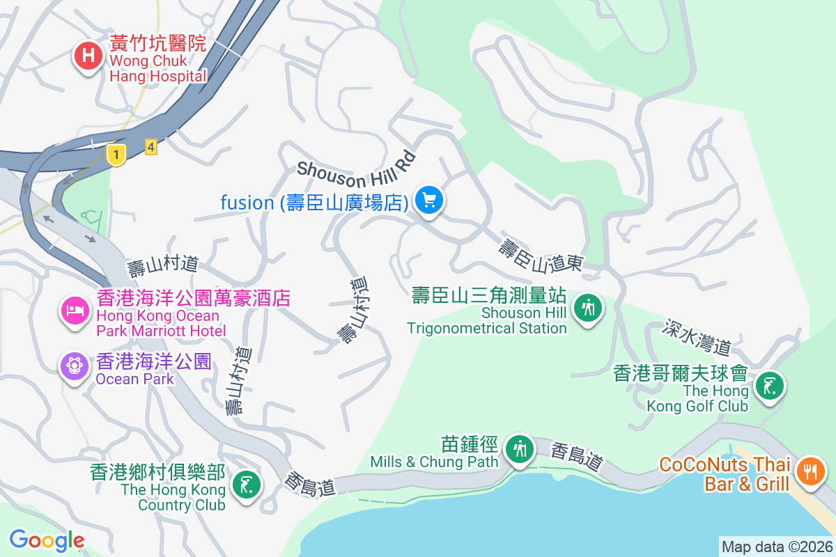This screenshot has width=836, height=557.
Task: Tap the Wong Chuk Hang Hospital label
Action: click(x=158, y=60)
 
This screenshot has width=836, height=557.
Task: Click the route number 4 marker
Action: click(x=150, y=147)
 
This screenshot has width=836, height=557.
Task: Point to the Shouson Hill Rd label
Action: click(x=356, y=164)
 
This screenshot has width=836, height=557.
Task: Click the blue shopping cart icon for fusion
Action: click(x=429, y=201)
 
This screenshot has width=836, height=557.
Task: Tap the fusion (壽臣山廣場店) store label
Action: click(x=314, y=203)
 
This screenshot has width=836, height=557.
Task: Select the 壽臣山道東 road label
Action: click(x=541, y=254)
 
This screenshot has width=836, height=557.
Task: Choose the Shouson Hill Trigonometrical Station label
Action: click(x=488, y=311)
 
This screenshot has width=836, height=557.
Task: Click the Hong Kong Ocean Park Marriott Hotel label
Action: click(x=193, y=314)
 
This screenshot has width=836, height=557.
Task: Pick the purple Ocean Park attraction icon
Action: click(x=74, y=366)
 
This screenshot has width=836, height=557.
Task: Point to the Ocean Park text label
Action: click(x=153, y=370)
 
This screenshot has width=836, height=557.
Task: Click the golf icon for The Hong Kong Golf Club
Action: click(x=768, y=385)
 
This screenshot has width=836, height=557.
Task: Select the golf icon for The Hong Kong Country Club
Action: click(x=245, y=483)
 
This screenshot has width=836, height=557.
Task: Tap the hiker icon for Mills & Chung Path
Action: click(x=519, y=448)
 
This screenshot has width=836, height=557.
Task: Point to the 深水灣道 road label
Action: click(x=697, y=337)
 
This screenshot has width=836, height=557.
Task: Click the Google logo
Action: click(x=47, y=540)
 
